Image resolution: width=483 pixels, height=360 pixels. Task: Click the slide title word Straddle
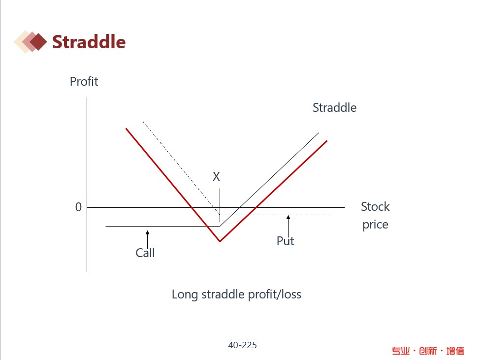pyautogui.click(x=89, y=42)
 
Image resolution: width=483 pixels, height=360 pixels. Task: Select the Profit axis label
pyautogui.click(x=84, y=81)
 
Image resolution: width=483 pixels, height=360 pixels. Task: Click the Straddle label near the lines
pyautogui.click(x=334, y=107)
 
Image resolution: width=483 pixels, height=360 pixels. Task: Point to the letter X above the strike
pyautogui.click(x=216, y=176)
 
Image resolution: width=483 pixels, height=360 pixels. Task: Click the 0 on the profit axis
pyautogui.click(x=79, y=207)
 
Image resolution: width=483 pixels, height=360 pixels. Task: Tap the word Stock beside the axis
pyautogui.click(x=375, y=206)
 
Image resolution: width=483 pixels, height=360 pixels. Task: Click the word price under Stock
pyautogui.click(x=375, y=225)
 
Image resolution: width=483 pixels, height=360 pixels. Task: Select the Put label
pyautogui.click(x=285, y=241)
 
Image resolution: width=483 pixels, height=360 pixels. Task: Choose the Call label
pyautogui.click(x=145, y=253)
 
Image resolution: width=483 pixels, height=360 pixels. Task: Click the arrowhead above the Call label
pyautogui.click(x=148, y=232)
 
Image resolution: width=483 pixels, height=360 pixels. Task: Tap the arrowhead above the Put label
pyautogui.click(x=289, y=217)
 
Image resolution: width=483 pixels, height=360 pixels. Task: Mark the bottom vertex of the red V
pyautogui.click(x=220, y=241)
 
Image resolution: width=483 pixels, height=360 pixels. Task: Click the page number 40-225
pyautogui.click(x=242, y=345)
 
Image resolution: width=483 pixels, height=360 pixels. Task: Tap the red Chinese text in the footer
pyautogui.click(x=428, y=351)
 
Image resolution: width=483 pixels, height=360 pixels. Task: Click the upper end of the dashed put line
pyautogui.click(x=143, y=122)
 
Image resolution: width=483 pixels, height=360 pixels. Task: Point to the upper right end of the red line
pyautogui.click(x=327, y=141)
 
